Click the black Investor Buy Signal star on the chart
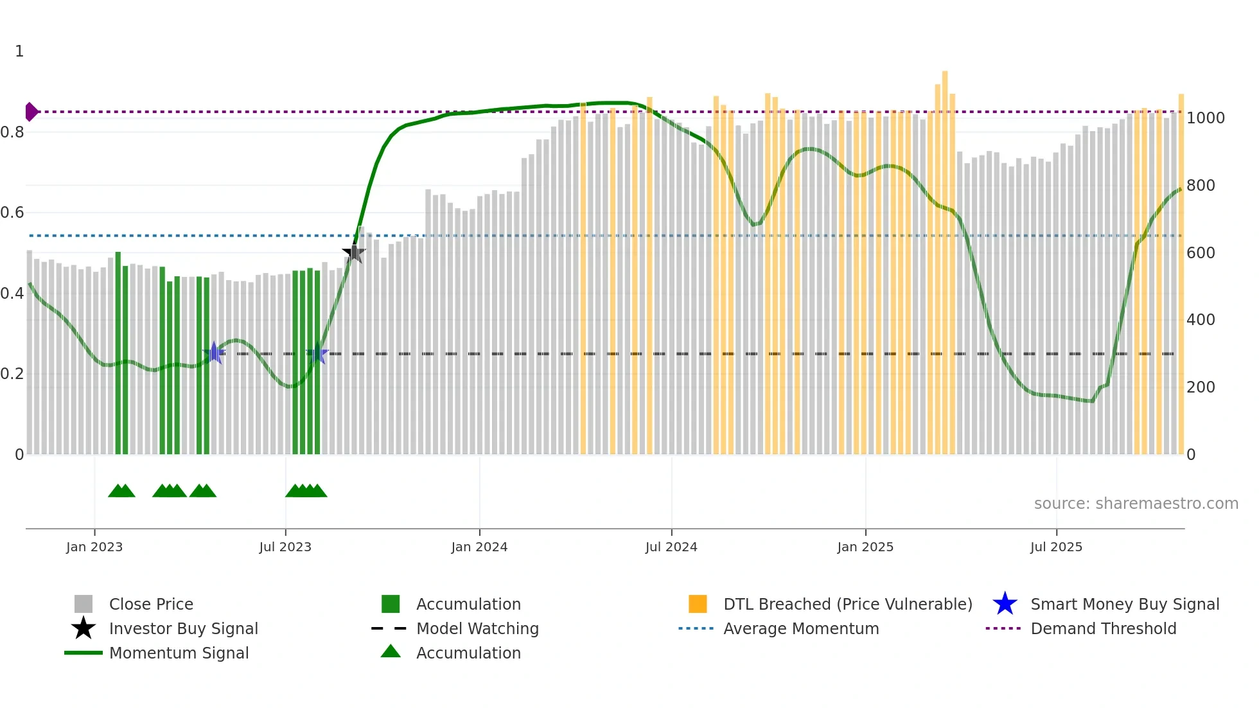point(354,253)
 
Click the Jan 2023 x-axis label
point(94,547)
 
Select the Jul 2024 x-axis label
point(671,547)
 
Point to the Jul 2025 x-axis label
point(1056,547)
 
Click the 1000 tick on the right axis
point(1205,118)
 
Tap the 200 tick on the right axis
point(1200,387)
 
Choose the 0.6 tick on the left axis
point(12,213)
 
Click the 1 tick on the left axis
point(19,51)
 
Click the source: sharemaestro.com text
point(1136,504)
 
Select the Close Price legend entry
point(151,604)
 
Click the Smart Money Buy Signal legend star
point(1005,604)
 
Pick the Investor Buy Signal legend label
point(184,628)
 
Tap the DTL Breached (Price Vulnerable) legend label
point(848,604)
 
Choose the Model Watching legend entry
point(477,628)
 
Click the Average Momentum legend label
point(801,628)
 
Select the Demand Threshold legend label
point(1104,628)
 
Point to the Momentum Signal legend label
point(179,653)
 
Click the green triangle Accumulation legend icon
point(391,651)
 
